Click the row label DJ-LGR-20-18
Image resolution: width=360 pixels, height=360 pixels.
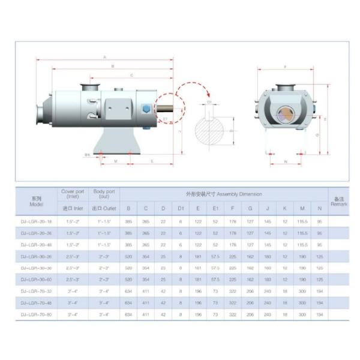tap(36, 221)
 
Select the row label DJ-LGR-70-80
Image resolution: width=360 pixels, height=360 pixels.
tap(36, 314)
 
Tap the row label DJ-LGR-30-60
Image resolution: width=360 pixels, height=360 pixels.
tap(36, 280)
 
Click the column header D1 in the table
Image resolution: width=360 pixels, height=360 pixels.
tap(181, 208)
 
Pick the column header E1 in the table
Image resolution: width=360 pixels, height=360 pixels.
tap(215, 208)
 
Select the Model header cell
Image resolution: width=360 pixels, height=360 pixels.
tap(36, 201)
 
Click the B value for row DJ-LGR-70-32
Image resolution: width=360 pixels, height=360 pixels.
tap(128, 291)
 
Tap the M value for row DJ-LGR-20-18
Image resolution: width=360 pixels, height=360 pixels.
tap(302, 221)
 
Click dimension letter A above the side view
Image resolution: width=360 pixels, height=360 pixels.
tap(105, 57)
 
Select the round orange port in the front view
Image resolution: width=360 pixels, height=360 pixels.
tap(285, 113)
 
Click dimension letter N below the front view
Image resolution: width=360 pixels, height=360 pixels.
tap(284, 161)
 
